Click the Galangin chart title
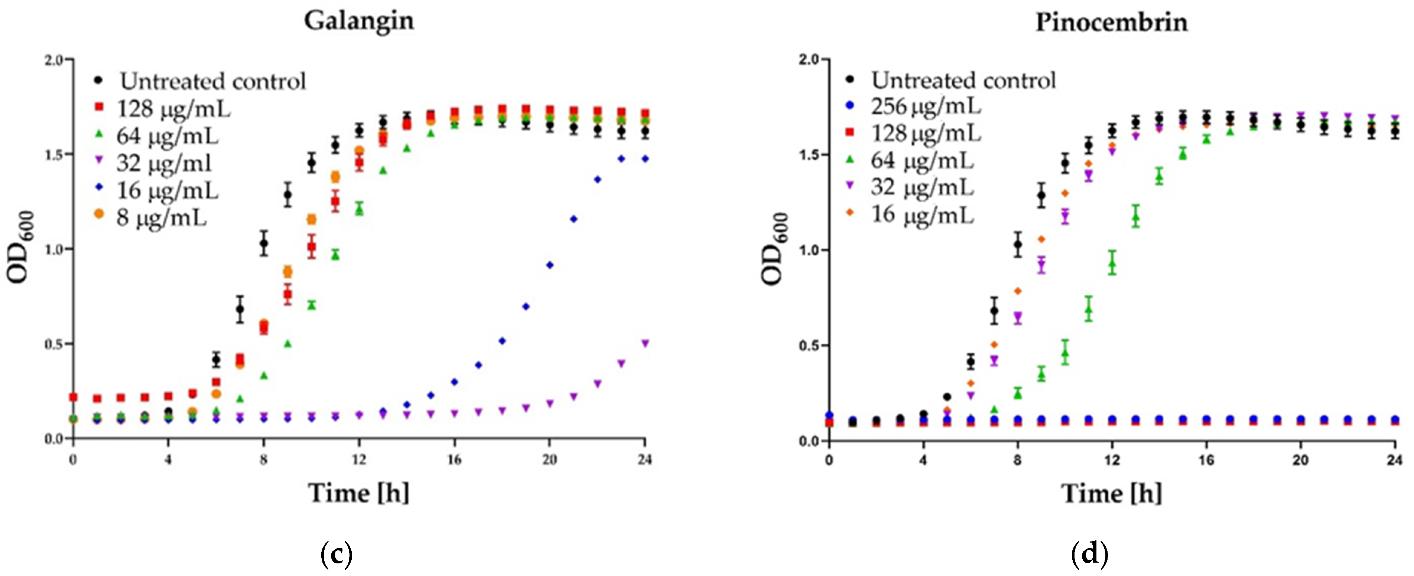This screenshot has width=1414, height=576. point(359,21)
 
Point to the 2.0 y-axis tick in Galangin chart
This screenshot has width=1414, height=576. point(55,59)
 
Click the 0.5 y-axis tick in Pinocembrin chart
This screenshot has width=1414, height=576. point(810,346)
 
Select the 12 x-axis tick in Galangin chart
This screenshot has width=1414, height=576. point(359,460)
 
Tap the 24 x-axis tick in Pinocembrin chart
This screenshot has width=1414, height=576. point(1395,460)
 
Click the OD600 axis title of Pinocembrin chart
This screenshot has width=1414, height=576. point(774,250)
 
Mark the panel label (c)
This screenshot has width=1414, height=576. point(335,554)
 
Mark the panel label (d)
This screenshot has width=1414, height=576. point(1089,554)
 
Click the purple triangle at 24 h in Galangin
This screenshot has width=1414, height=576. point(645,343)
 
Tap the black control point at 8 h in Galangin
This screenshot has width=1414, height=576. point(263,243)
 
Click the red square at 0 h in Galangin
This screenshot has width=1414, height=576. point(74,397)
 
